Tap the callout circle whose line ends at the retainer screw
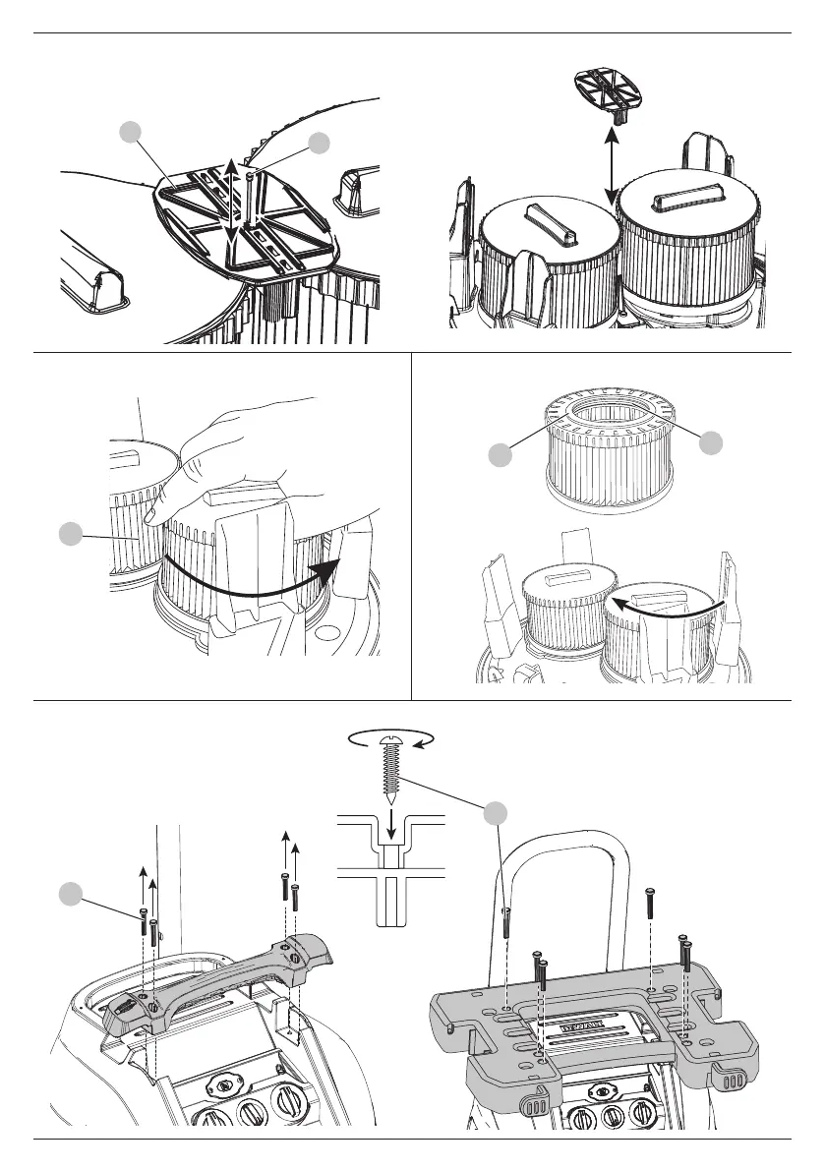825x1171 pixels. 319,144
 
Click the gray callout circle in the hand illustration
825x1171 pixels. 69,534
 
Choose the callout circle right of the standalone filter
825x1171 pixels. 709,442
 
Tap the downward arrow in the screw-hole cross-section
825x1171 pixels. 392,830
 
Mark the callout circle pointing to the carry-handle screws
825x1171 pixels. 69,894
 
